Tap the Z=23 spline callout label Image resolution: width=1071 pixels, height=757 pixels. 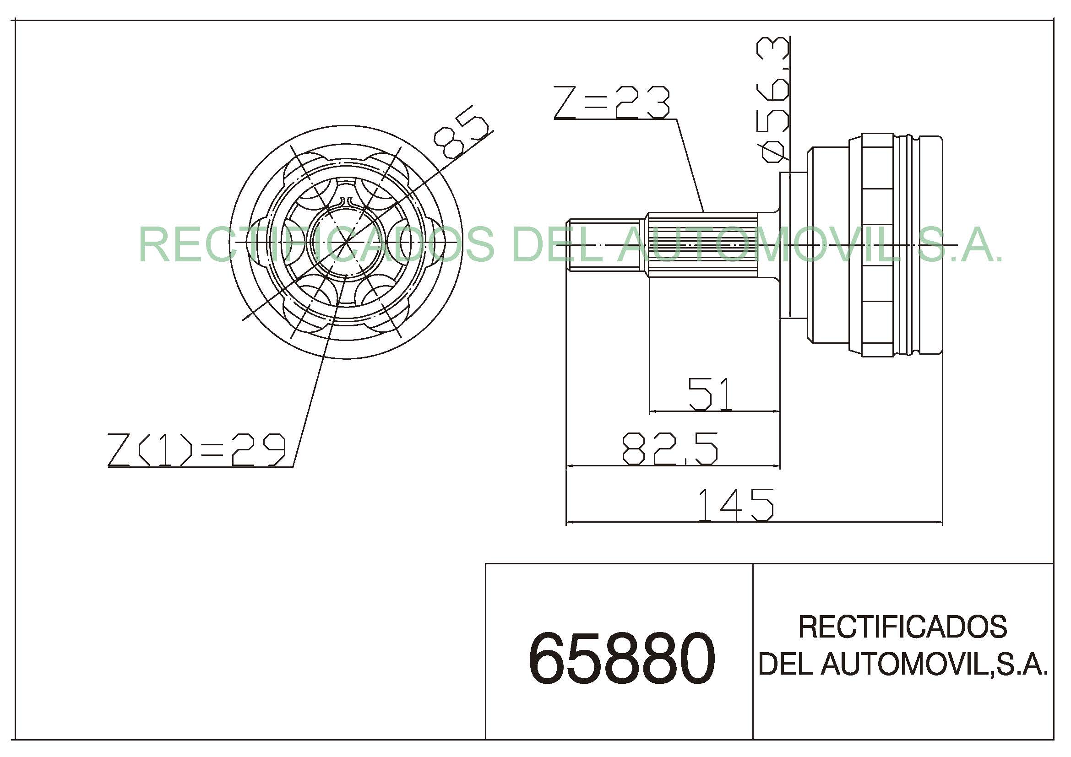(612, 102)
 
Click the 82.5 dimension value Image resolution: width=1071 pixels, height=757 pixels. (670, 449)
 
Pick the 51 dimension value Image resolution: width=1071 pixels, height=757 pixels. (710, 395)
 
